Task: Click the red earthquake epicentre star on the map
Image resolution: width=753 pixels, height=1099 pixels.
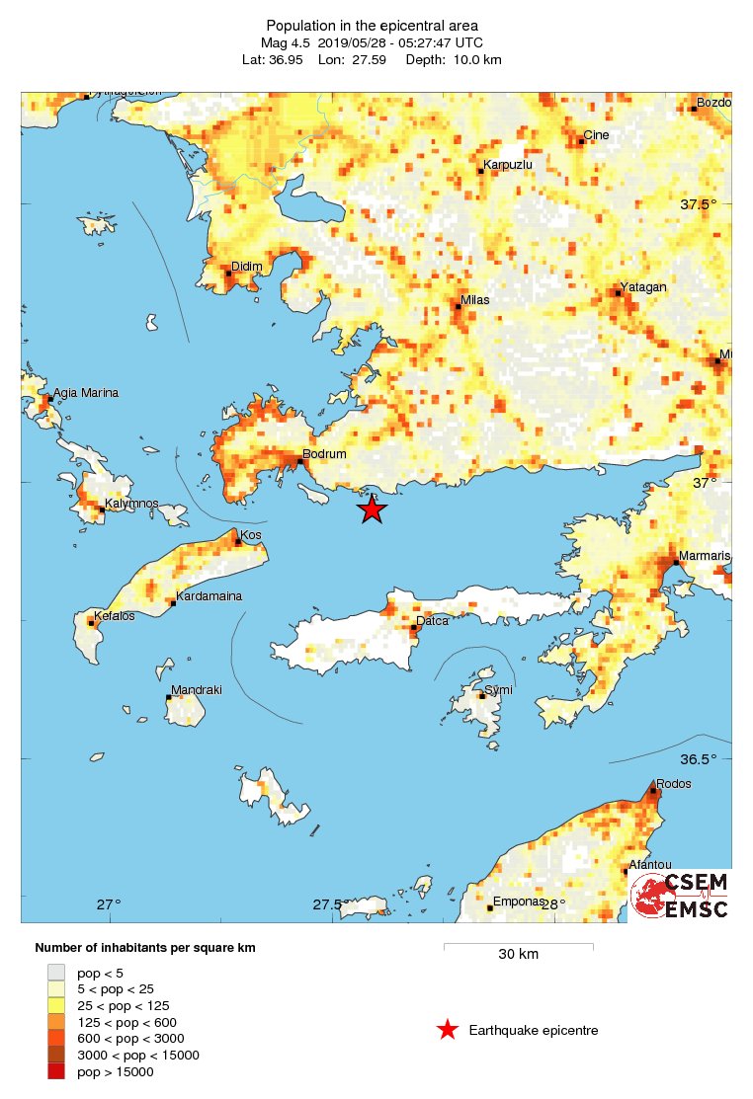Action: (x=371, y=509)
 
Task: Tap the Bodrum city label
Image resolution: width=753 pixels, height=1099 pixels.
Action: (x=324, y=454)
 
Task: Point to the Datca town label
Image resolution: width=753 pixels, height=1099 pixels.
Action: (x=432, y=621)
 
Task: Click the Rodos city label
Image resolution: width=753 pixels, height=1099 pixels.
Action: (x=674, y=784)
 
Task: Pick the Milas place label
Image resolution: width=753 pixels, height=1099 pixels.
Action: (x=475, y=300)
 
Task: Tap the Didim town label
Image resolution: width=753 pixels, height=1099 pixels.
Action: (x=245, y=267)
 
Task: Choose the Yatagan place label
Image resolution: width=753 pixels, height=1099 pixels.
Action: (x=642, y=287)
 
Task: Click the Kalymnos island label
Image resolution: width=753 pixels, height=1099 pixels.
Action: (x=131, y=504)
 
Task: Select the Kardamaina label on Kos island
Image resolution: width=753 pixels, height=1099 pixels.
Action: (x=209, y=596)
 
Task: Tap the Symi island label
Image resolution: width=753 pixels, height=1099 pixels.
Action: (x=499, y=689)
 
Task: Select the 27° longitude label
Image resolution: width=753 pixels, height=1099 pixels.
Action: (x=109, y=904)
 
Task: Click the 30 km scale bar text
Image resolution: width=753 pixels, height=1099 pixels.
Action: (x=518, y=955)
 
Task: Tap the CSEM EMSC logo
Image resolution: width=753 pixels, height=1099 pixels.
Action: (x=680, y=896)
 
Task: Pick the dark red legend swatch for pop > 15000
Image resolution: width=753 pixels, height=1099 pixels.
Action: (x=56, y=1072)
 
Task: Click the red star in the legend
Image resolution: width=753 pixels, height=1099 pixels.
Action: (x=448, y=1031)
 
